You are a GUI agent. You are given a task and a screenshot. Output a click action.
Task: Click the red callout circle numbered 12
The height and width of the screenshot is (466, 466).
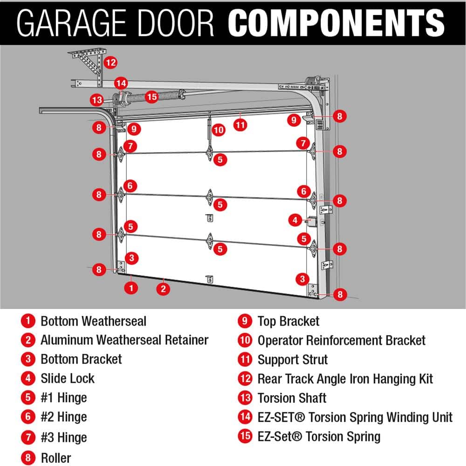coord(110,62)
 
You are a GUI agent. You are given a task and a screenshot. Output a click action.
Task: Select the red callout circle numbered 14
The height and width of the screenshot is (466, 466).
coord(121,83)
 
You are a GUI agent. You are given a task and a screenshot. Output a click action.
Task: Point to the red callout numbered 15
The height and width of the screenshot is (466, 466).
coord(152,97)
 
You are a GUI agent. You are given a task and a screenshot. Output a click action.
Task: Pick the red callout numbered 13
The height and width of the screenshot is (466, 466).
coord(97,100)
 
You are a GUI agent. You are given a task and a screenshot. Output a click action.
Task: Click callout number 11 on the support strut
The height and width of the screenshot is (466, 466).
coord(240,125)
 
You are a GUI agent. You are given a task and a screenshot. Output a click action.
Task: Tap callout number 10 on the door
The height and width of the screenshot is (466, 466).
coord(219,130)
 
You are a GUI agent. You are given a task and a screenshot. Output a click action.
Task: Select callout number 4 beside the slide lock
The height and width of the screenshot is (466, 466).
coord(295,219)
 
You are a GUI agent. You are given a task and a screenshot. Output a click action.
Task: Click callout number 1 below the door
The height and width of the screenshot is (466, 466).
coord(132,288)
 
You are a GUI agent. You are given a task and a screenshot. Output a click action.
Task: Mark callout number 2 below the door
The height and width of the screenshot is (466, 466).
coord(163,288)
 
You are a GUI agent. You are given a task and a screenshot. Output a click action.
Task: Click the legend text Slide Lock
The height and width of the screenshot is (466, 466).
coord(68,378)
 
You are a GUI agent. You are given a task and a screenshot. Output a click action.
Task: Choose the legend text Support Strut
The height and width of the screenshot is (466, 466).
coord(293,360)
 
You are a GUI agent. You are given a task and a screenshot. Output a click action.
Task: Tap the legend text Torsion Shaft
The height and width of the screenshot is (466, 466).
coord(292,398)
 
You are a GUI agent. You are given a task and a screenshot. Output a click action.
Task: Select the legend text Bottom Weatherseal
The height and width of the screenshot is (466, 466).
coord(93,321)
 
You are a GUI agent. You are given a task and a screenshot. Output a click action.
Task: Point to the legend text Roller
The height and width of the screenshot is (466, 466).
coord(56,457)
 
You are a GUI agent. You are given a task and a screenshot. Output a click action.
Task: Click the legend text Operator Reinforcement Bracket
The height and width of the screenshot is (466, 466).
coord(342,341)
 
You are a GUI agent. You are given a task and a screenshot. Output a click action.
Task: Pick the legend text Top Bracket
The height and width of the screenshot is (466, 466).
coord(288,321)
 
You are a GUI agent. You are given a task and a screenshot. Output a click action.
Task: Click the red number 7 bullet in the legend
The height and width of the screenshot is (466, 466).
coord(28,438)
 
